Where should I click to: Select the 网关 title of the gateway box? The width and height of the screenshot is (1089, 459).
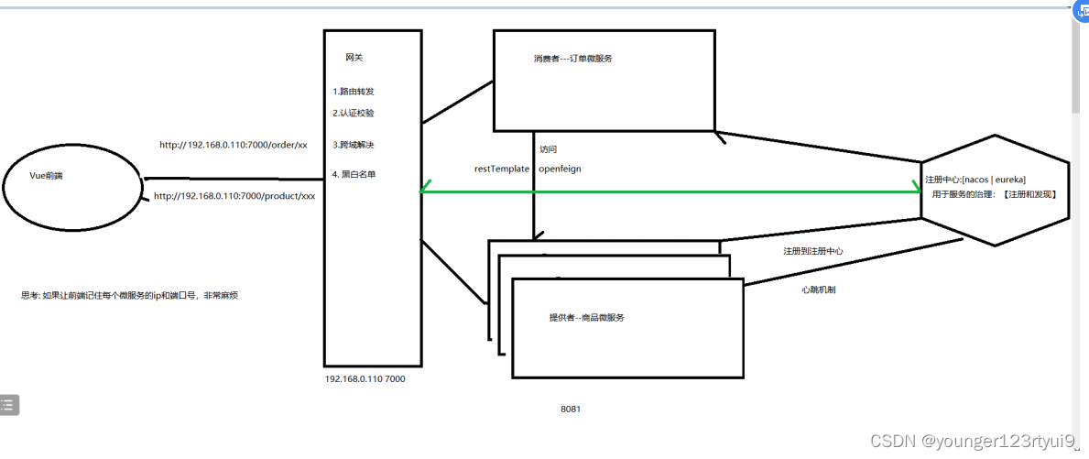click(x=354, y=58)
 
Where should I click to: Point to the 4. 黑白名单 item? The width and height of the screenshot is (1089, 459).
click(x=354, y=175)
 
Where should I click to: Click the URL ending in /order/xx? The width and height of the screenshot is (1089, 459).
click(x=234, y=145)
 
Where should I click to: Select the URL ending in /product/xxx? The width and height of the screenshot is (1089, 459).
click(x=234, y=196)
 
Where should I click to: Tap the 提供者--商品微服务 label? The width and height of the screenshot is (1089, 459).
click(x=587, y=317)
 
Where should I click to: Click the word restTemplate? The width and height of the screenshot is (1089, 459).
click(x=502, y=169)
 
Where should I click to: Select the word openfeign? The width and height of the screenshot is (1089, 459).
click(x=560, y=169)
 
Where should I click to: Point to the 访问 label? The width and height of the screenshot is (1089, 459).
click(x=548, y=149)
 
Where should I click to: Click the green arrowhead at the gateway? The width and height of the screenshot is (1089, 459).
click(x=424, y=191)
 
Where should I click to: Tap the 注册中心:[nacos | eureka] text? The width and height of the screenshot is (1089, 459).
click(x=975, y=180)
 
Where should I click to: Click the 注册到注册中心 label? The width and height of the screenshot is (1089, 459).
click(x=813, y=251)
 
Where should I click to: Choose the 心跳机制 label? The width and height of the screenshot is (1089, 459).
click(x=818, y=290)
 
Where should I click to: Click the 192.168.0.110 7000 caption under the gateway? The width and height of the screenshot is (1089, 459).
click(x=365, y=380)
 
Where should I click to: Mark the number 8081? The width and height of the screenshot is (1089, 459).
click(x=571, y=409)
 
